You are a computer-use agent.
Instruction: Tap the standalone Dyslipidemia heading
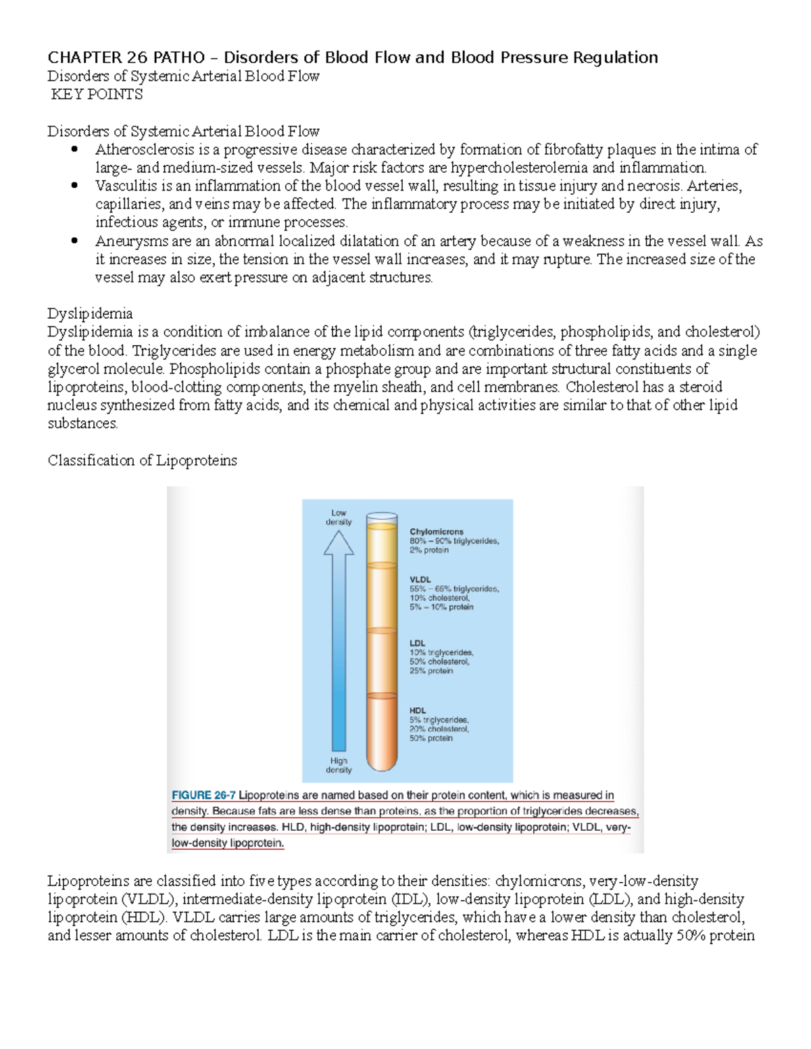click(90, 313)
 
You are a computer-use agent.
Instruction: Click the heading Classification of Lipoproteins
click(142, 461)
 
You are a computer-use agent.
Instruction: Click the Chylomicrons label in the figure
click(437, 532)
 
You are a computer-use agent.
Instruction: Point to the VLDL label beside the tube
click(420, 580)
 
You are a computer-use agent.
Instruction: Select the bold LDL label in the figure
click(417, 643)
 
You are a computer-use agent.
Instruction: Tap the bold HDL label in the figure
click(418, 710)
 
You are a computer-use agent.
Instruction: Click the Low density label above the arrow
click(339, 517)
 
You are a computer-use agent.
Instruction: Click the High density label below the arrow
click(339, 765)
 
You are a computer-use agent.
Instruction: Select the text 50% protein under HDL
click(431, 738)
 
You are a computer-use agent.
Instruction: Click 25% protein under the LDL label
click(431, 671)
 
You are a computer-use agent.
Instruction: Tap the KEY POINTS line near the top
click(97, 95)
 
